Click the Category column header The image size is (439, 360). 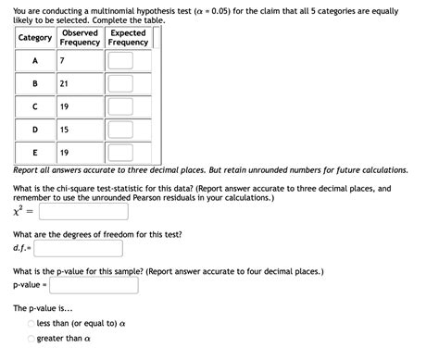point(34,38)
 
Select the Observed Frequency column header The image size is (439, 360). point(80,38)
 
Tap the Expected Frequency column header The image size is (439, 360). point(127,38)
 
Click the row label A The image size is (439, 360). point(34,61)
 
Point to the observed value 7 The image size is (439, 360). point(61,61)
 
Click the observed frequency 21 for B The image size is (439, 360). point(63,84)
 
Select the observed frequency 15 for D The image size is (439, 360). point(63,130)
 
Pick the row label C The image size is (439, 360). point(34,107)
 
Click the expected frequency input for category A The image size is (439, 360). point(127,61)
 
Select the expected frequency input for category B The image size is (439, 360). point(127,84)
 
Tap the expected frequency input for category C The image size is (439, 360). point(127,107)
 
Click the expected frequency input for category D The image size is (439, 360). point(127,130)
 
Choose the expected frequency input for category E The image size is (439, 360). point(127,153)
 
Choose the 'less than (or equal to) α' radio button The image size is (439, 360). point(31,323)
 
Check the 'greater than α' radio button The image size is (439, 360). point(31,339)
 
